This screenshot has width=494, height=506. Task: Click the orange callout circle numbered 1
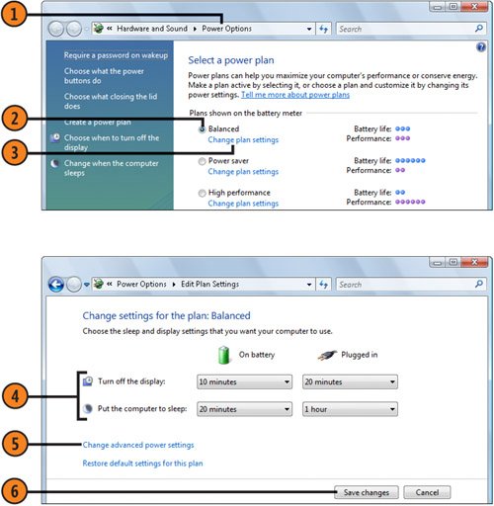point(14,14)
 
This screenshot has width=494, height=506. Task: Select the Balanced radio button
point(202,129)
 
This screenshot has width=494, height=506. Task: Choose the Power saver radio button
point(202,161)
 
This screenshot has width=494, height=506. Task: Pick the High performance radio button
point(202,193)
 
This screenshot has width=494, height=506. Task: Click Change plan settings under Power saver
point(243,172)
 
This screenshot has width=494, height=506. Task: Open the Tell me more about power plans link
point(295,95)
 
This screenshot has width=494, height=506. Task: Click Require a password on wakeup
point(116,55)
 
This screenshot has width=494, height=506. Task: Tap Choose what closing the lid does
point(111,101)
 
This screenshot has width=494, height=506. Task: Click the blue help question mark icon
point(480,47)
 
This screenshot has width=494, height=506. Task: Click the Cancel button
point(427,492)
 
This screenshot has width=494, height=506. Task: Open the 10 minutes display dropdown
point(244,381)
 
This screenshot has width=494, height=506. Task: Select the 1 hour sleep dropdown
point(350,409)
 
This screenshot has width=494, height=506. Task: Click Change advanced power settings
point(138,445)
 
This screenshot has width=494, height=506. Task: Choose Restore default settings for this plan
point(142,464)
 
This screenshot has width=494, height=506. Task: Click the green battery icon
point(223,355)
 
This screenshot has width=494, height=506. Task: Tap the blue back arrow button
point(56,284)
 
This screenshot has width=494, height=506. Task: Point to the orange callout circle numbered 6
point(14,491)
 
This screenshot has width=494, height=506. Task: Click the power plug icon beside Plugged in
point(327,355)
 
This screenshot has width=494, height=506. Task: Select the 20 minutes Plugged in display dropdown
point(350,381)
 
